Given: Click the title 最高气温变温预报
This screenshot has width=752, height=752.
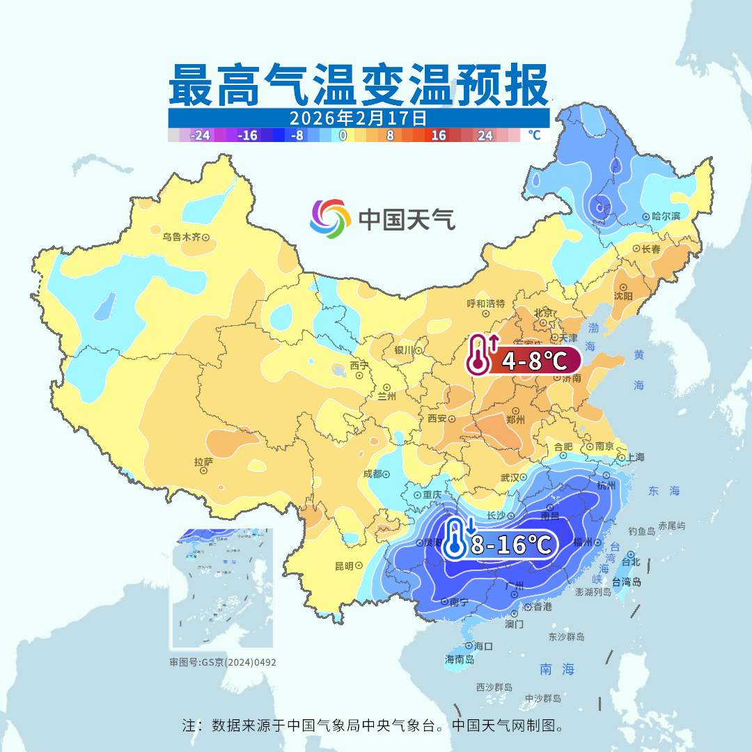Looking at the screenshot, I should coord(358,85).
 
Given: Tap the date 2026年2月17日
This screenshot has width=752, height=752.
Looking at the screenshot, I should coord(358,118).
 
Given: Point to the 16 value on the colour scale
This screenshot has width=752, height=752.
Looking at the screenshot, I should coord(438,136).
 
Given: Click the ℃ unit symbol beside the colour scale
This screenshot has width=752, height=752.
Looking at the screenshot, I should coord(533,135).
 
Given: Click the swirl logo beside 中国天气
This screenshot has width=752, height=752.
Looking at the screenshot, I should coord(330,218).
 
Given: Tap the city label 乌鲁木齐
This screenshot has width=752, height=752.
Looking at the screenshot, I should coord(181,237).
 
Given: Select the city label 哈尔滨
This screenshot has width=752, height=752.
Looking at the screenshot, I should coord(666,217).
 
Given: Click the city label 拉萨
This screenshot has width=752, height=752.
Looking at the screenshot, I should coord(203,462).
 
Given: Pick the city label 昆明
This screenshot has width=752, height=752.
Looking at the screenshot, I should coord(344,565).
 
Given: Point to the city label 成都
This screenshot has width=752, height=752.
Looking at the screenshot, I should coord(373,474).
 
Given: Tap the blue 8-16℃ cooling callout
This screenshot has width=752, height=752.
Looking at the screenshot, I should coord(501,544).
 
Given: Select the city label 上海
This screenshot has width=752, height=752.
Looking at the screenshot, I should coord(636,457).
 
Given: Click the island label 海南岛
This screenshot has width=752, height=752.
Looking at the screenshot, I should coord(460,659).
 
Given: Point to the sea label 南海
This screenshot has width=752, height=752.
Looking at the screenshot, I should coord(557,669).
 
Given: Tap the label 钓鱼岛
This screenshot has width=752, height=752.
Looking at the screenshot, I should coord(641,531).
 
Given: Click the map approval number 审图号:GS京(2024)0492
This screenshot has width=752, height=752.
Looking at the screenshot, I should coord(223,662).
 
